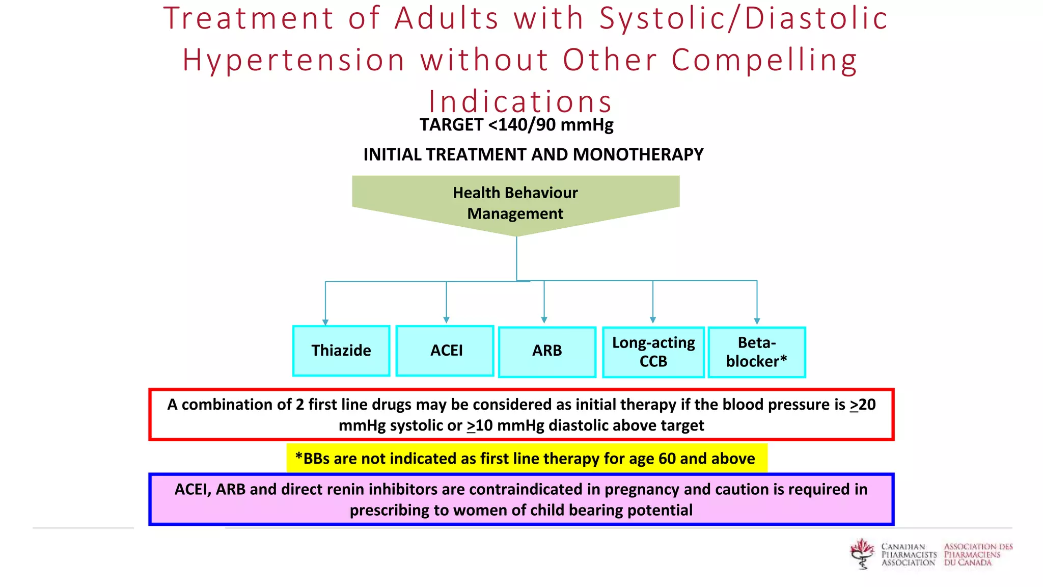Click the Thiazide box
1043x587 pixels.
(341, 351)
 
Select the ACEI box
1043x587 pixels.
(445, 351)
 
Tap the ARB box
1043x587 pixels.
(547, 352)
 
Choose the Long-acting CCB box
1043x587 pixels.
(653, 352)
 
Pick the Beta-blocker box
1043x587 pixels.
(756, 352)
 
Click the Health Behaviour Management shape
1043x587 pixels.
(515, 203)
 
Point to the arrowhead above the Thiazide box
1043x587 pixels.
(325, 322)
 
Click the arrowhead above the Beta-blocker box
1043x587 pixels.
(757, 321)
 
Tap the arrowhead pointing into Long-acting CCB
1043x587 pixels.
(653, 320)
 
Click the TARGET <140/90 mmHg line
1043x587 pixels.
(516, 125)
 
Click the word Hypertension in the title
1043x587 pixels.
(294, 60)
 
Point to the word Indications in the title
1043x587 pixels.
(520, 101)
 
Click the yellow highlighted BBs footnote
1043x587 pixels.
(526, 459)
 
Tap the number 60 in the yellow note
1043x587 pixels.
(667, 459)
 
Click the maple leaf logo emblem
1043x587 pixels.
(862, 553)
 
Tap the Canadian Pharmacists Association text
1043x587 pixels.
(909, 554)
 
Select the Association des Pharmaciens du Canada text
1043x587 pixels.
(978, 554)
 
